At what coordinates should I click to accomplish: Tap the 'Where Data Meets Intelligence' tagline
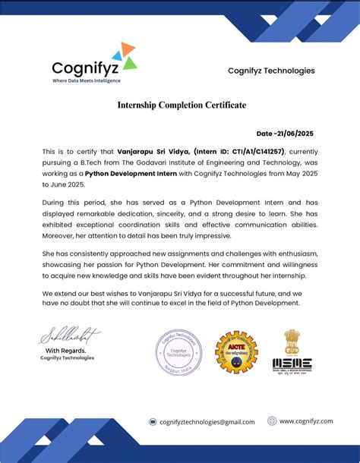pos(87,80)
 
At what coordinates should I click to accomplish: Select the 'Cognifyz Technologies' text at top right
pos(271,71)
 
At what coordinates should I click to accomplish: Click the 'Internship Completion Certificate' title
pos(182,105)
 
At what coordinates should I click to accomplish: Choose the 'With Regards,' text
pos(66,350)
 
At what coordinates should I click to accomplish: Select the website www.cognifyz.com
pos(306,420)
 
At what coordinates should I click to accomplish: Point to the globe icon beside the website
pos(272,420)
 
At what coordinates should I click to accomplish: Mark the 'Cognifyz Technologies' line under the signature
pos(68,358)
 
